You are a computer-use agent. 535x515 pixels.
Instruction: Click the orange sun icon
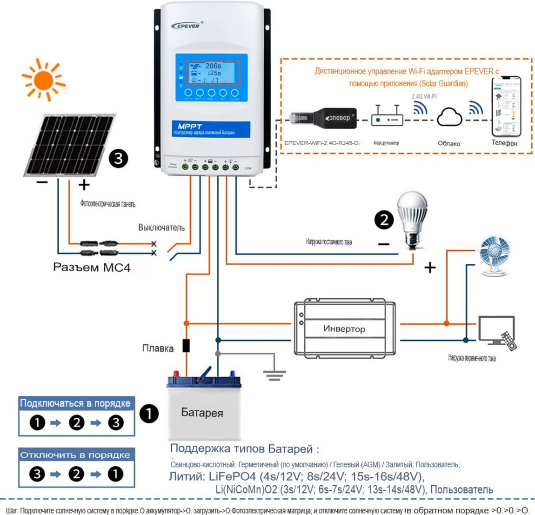[x=44, y=80]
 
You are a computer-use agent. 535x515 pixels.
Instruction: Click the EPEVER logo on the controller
[x=186, y=26]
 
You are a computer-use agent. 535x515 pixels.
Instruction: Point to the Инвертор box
[x=344, y=328]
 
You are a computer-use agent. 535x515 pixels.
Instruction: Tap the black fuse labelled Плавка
[x=186, y=346]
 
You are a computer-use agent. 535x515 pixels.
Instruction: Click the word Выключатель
[x=161, y=227]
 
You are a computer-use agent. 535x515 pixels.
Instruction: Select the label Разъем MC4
[x=92, y=268]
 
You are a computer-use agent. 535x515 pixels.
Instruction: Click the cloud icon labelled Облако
[x=449, y=117]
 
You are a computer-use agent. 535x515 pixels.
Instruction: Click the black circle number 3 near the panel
[x=118, y=159]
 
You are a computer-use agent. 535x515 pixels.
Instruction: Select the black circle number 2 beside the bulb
[x=384, y=220]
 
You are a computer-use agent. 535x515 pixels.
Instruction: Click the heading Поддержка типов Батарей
[x=245, y=449]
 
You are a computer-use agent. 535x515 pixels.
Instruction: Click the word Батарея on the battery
[x=202, y=413]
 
